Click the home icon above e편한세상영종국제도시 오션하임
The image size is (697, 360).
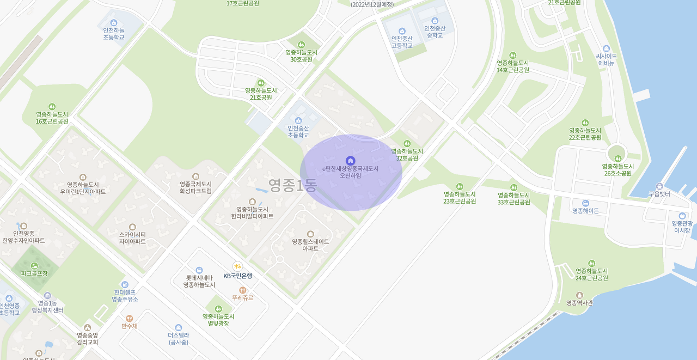[x=350, y=160]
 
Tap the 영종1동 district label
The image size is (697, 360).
[x=292, y=186]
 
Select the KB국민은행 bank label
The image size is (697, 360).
[x=237, y=276]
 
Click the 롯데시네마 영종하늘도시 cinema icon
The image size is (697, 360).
[x=199, y=270]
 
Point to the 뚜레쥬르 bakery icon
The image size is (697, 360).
[x=242, y=290]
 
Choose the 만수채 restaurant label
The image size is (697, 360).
[x=130, y=326]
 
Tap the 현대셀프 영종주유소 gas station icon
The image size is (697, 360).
[x=125, y=284]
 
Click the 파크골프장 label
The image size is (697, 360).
[x=34, y=273]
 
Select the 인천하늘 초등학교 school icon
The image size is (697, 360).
[x=114, y=23]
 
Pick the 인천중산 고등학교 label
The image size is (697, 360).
[x=402, y=42]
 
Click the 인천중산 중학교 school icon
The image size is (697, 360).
[x=435, y=21]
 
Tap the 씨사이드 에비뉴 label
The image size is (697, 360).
[x=606, y=59]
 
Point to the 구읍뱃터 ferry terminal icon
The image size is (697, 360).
[x=659, y=186]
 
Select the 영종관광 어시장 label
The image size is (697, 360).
[x=682, y=227]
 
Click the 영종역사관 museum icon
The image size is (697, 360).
[x=579, y=295]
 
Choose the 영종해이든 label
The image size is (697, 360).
[x=585, y=211]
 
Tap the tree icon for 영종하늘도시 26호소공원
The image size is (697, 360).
[x=618, y=158]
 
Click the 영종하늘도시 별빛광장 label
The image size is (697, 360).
[x=218, y=320]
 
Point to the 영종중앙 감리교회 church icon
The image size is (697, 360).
[x=87, y=327]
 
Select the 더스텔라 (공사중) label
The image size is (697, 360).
[x=178, y=339]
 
